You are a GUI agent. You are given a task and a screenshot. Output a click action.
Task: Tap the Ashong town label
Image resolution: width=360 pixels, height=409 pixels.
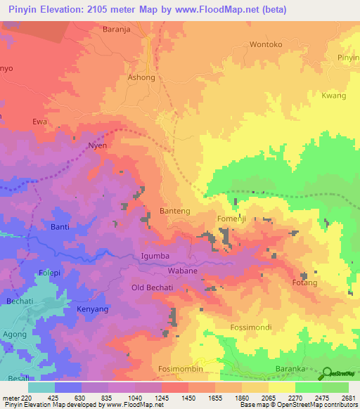(x=141, y=78)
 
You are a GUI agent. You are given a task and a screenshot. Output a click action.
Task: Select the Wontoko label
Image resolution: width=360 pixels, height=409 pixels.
(x=266, y=44)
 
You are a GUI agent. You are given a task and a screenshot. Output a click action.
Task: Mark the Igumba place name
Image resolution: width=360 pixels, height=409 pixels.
(x=155, y=256)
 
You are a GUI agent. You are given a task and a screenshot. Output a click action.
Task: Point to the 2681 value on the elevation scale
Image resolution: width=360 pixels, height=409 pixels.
(x=349, y=397)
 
